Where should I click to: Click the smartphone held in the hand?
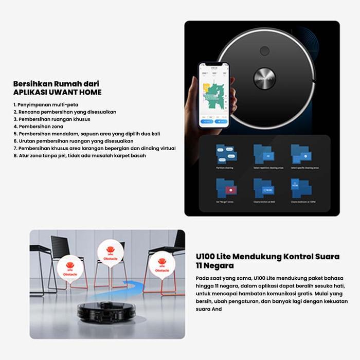214,96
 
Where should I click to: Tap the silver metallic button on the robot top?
264,80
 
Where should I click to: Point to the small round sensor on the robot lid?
265,51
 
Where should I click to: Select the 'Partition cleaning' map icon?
226,154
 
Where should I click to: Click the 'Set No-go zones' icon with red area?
226,189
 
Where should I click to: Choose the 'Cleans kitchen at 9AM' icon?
264,189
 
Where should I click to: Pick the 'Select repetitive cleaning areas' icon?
264,154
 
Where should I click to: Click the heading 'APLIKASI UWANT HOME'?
57,92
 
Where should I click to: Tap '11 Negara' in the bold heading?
214,266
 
